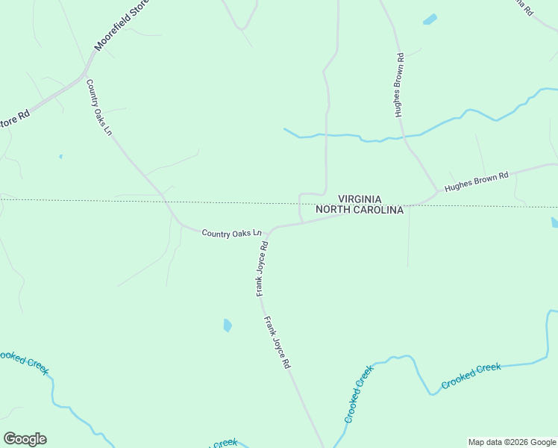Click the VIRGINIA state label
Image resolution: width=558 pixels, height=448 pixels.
click(x=360, y=199)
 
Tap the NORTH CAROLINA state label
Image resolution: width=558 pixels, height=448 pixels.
click(x=360, y=211)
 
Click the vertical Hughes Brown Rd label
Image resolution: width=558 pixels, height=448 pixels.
click(x=399, y=85)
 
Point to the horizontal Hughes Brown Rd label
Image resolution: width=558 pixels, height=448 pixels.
click(x=476, y=181)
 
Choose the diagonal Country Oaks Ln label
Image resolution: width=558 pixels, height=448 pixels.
click(x=98, y=108)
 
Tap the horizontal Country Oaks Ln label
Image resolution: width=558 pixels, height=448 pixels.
click(x=232, y=234)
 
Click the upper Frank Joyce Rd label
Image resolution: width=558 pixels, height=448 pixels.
click(x=263, y=267)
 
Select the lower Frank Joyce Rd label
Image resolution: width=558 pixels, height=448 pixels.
click(x=276, y=342)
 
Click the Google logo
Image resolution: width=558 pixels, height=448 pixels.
click(x=25, y=439)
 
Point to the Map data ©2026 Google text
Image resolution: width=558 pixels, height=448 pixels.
click(x=512, y=442)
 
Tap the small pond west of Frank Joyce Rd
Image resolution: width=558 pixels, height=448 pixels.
click(x=228, y=325)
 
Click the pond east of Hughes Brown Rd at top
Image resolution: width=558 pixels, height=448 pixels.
click(x=430, y=19)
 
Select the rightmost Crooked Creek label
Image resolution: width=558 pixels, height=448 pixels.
click(x=471, y=375)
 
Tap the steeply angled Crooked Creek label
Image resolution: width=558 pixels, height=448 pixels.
click(x=359, y=393)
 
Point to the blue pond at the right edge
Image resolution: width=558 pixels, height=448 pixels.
click(x=554, y=223)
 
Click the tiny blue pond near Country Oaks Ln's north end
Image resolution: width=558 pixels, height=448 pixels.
click(x=60, y=157)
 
